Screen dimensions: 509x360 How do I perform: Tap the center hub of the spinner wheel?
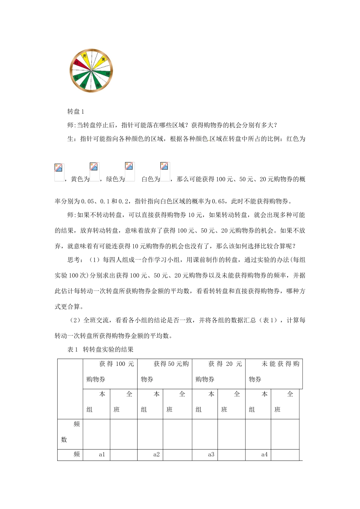(x=91, y=70)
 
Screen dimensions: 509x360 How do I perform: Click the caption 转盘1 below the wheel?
(x=75, y=111)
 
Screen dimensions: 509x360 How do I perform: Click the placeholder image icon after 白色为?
(x=165, y=172)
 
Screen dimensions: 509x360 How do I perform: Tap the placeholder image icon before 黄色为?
(x=59, y=172)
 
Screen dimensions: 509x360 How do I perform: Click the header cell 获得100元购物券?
(x=110, y=372)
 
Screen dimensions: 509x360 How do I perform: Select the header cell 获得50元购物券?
(x=164, y=372)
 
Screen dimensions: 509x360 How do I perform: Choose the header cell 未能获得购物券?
(x=274, y=372)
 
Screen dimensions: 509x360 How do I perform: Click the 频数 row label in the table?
(x=70, y=432)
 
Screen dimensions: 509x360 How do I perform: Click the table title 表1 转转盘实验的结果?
(x=100, y=350)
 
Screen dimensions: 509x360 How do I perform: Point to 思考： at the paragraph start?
(x=75, y=260)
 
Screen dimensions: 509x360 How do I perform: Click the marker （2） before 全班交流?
(x=75, y=320)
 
